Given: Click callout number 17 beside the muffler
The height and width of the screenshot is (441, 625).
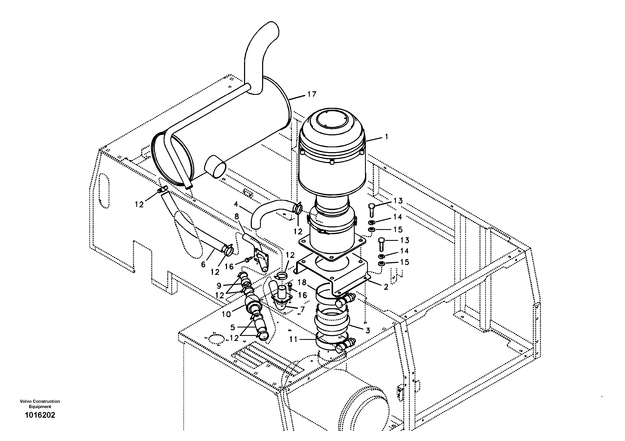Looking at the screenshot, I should [x=312, y=94].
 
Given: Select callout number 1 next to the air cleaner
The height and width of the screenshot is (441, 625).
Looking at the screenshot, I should [x=386, y=137].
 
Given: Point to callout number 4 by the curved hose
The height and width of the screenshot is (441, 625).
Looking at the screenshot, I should [x=236, y=204].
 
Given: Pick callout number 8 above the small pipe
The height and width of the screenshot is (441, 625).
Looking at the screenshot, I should [x=236, y=217].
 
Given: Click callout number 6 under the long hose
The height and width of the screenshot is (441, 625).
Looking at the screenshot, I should [x=203, y=264].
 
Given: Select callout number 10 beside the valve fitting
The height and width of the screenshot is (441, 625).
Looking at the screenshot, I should [x=226, y=314].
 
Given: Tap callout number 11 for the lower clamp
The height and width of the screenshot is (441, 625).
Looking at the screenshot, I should [x=293, y=339].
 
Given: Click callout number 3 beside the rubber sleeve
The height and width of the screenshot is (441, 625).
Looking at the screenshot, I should [x=368, y=331].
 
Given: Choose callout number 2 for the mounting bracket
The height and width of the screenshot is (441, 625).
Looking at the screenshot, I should [x=386, y=287].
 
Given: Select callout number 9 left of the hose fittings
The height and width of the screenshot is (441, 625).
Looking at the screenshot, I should [x=219, y=286].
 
